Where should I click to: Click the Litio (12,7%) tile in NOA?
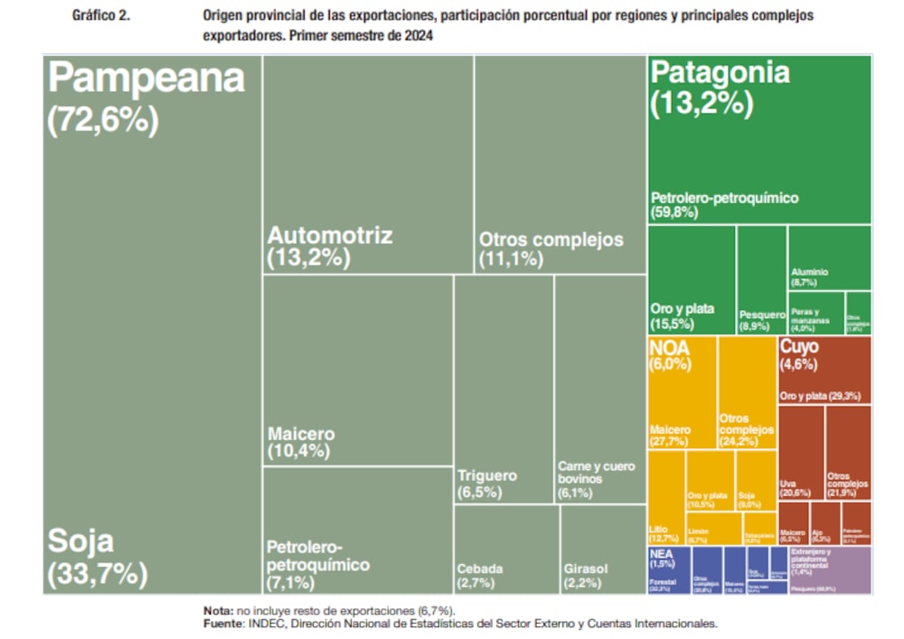click(666, 497)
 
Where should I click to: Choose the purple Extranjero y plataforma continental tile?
click(829, 569)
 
